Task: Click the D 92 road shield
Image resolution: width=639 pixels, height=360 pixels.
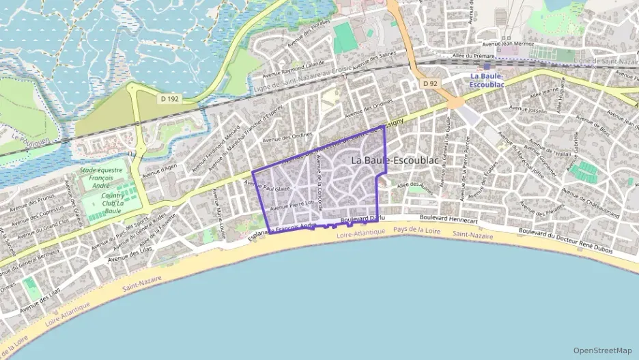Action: click(x=429, y=83)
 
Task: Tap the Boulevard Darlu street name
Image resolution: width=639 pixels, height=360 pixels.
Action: click(x=363, y=219)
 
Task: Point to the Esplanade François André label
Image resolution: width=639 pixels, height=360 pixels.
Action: click(x=282, y=227)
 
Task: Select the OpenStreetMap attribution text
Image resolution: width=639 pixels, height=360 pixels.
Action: click(x=603, y=350)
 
